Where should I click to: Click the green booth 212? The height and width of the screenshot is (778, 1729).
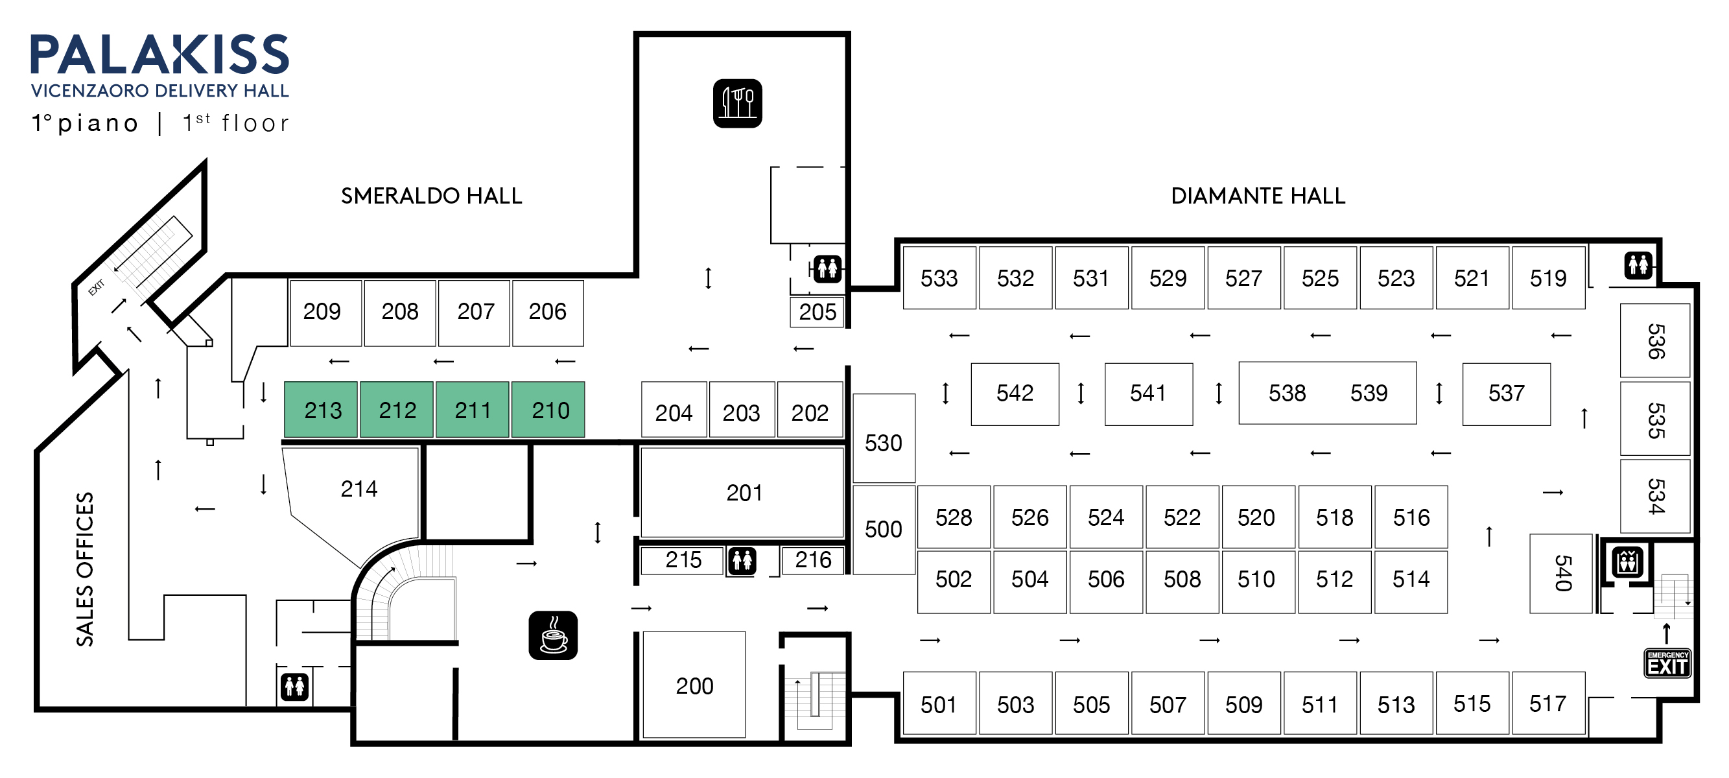(397, 410)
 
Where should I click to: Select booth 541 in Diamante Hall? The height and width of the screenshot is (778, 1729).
(1147, 394)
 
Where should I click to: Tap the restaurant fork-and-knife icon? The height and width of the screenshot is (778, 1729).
(737, 103)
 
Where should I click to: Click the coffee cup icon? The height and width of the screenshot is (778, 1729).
(553, 635)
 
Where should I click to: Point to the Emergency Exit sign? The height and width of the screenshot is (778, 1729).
(1667, 663)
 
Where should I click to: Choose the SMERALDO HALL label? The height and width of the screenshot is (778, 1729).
(431, 196)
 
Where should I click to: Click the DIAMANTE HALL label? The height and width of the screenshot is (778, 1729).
(1258, 196)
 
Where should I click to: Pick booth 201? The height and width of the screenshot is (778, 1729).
(742, 493)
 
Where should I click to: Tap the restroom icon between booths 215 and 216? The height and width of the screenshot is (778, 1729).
(742, 561)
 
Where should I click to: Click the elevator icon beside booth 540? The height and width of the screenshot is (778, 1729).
(1628, 561)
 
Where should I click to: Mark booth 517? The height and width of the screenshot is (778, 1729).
(1547, 703)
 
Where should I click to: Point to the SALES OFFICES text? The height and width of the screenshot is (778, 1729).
(85, 569)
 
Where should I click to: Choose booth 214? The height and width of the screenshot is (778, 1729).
(359, 489)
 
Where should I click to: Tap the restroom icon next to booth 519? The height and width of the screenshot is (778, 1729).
(1638, 265)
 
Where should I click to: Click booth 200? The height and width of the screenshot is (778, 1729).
(694, 685)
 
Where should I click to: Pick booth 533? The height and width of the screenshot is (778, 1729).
(938, 278)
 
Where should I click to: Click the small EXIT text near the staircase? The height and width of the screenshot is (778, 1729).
(97, 287)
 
